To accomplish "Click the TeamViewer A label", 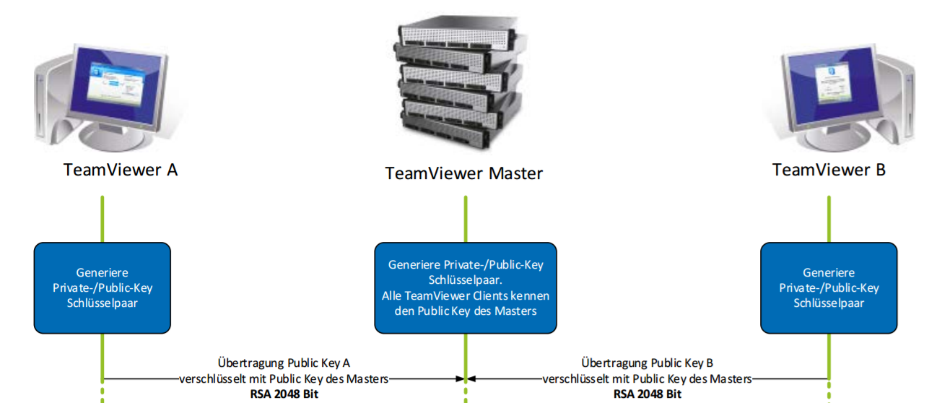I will (x=120, y=170).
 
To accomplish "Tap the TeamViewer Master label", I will (x=463, y=173).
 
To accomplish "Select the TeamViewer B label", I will (x=829, y=170).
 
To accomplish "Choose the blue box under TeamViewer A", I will (x=103, y=287).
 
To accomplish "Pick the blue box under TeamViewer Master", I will (x=465, y=287).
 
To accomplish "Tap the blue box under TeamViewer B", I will (x=829, y=287).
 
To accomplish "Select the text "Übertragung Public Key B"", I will (x=647, y=363).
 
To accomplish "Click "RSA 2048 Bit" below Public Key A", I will (x=284, y=394).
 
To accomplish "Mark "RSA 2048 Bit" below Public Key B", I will (x=647, y=394).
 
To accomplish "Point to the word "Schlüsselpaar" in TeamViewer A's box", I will (x=103, y=303).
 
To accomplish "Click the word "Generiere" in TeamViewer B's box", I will (x=829, y=273).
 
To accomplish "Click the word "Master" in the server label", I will (x=515, y=173).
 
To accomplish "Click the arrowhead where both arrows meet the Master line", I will (x=466, y=378).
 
